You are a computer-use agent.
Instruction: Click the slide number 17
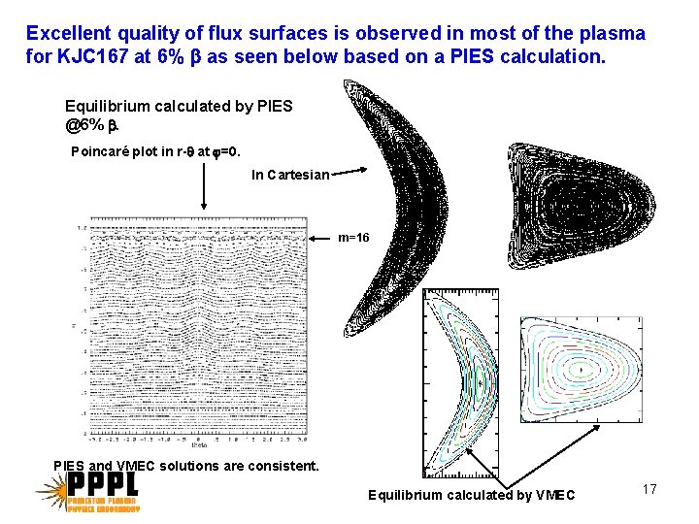[x=649, y=489]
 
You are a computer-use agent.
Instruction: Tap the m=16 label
[x=353, y=237]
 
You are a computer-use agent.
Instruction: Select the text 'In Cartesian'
[x=289, y=176]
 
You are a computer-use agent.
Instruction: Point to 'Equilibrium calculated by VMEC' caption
[x=471, y=496]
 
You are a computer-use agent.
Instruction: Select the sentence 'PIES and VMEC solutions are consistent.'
[x=186, y=466]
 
